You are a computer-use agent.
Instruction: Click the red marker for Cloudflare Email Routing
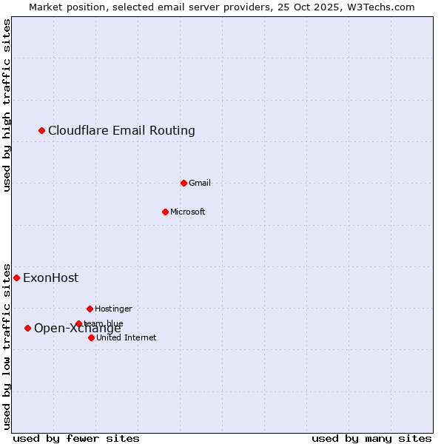pyautogui.click(x=42, y=131)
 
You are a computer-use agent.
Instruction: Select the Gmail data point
pyautogui.click(x=184, y=183)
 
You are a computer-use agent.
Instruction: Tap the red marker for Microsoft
pyautogui.click(x=166, y=212)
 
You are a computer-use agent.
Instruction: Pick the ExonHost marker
pyautogui.click(x=17, y=278)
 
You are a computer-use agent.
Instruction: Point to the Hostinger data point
pyautogui.click(x=90, y=309)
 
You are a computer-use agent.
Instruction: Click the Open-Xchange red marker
pyautogui.click(x=28, y=329)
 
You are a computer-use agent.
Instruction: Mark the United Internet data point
pyautogui.click(x=91, y=337)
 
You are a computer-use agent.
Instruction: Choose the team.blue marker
pyautogui.click(x=78, y=323)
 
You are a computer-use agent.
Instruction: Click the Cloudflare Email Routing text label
pyautogui.click(x=121, y=131)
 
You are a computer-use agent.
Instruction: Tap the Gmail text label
pyautogui.click(x=200, y=183)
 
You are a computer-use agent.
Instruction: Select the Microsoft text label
pyautogui.click(x=187, y=212)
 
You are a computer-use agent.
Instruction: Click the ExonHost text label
pyautogui.click(x=50, y=278)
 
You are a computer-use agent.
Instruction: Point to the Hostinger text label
pyautogui.click(x=113, y=309)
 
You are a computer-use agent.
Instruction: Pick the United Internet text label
pyautogui.click(x=126, y=337)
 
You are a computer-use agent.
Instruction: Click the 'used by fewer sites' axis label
pyautogui.click(x=76, y=438)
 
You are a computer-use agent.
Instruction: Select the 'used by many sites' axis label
pyautogui.click(x=371, y=438)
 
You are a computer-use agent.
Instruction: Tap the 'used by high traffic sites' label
pyautogui.click(x=7, y=105)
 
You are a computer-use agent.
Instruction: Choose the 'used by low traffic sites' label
pyautogui.click(x=7, y=346)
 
